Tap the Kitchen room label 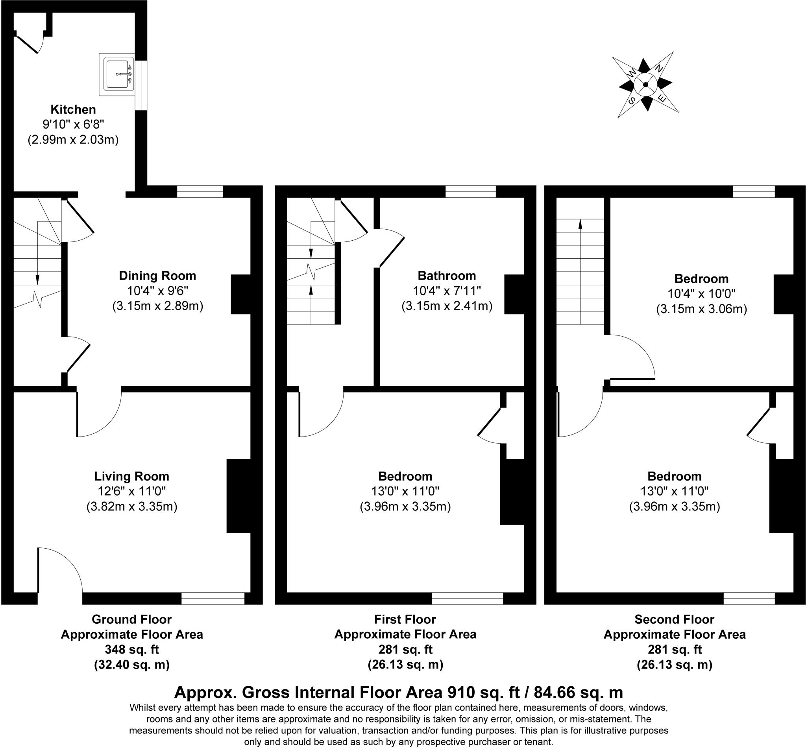coord(73,110)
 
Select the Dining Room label coord(157,276)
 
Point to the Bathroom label coord(446,276)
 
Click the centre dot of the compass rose coord(645,85)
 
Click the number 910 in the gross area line coord(460,693)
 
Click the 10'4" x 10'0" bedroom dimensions coord(701,294)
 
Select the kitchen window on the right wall coord(140,85)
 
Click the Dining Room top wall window coord(200,192)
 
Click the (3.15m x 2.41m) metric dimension coord(446,306)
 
